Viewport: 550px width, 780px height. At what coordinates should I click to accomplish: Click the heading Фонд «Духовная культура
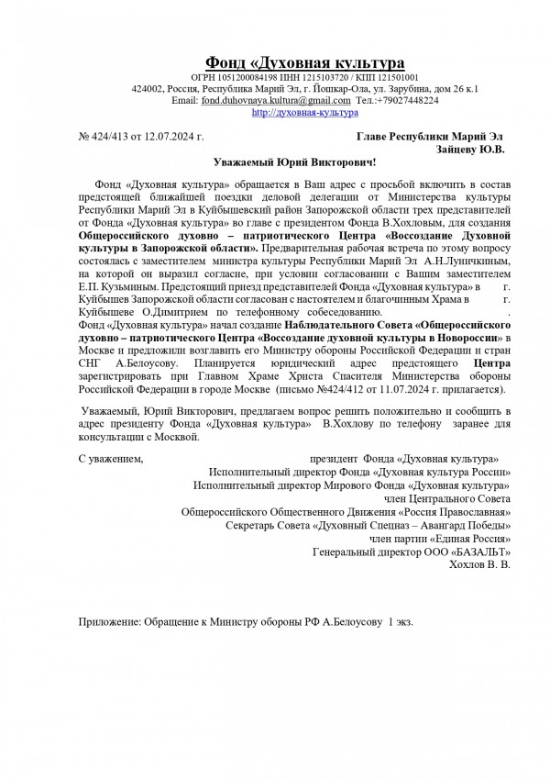(304, 62)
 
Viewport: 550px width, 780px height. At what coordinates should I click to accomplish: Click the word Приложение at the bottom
(108, 622)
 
